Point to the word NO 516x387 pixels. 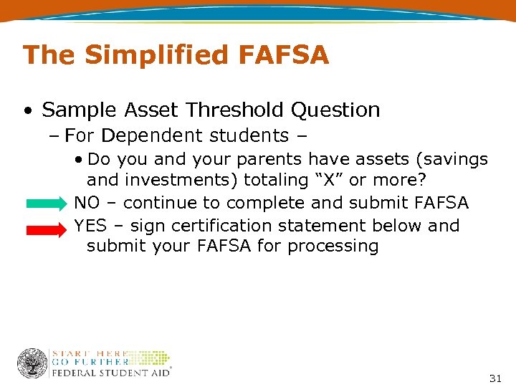point(87,204)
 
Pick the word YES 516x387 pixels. point(90,226)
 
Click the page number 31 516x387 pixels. point(494,378)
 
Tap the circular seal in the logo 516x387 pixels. point(32,363)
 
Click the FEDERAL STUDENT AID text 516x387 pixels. point(110,373)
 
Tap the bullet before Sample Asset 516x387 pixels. point(27,111)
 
